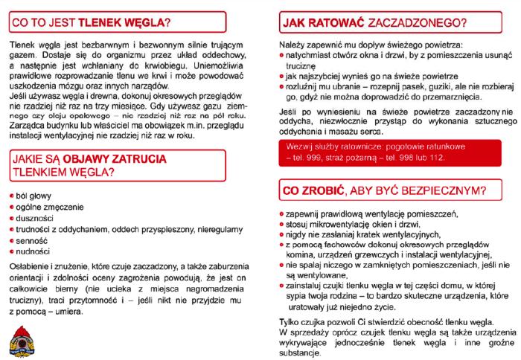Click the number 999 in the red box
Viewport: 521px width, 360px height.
pos(324,158)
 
